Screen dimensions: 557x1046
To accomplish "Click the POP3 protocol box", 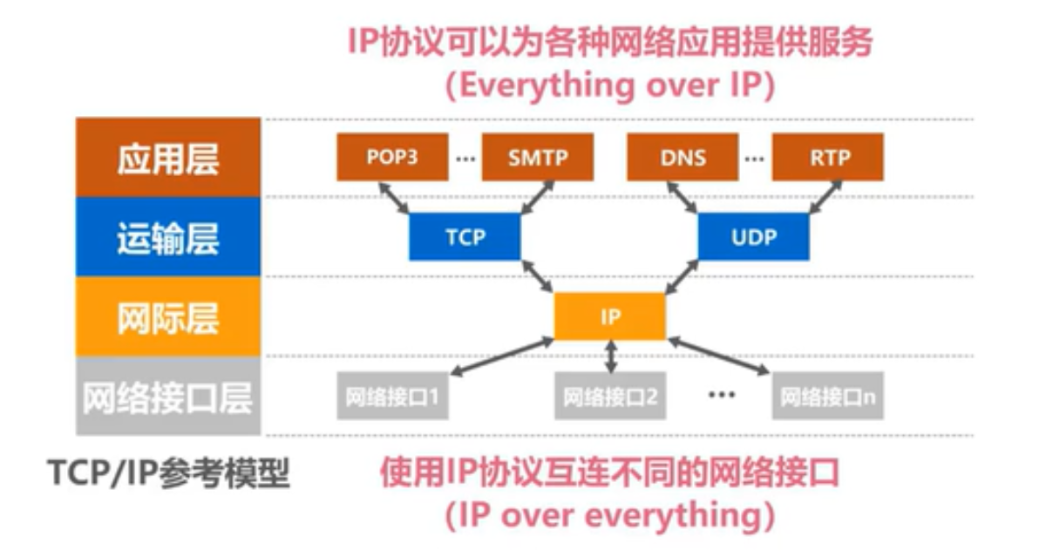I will point(392,158).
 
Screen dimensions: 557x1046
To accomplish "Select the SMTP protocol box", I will point(537,158).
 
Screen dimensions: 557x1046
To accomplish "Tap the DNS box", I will point(683,158).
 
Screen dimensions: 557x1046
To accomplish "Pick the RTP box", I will point(828,158).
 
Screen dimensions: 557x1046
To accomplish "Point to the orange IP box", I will point(610,316).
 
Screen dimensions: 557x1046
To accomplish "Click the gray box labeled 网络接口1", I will point(391,397).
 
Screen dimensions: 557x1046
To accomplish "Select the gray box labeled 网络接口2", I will point(609,397).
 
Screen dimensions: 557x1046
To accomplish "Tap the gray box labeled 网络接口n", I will point(827,397).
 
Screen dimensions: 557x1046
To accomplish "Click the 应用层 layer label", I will point(168,158).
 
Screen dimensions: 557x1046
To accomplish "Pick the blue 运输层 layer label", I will point(168,237).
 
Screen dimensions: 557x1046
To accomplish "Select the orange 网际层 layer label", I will point(168,317).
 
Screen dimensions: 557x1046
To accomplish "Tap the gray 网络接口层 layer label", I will point(168,397).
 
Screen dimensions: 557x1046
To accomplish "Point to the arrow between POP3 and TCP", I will point(395,197).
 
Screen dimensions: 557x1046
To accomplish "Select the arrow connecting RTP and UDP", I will point(825,197).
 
